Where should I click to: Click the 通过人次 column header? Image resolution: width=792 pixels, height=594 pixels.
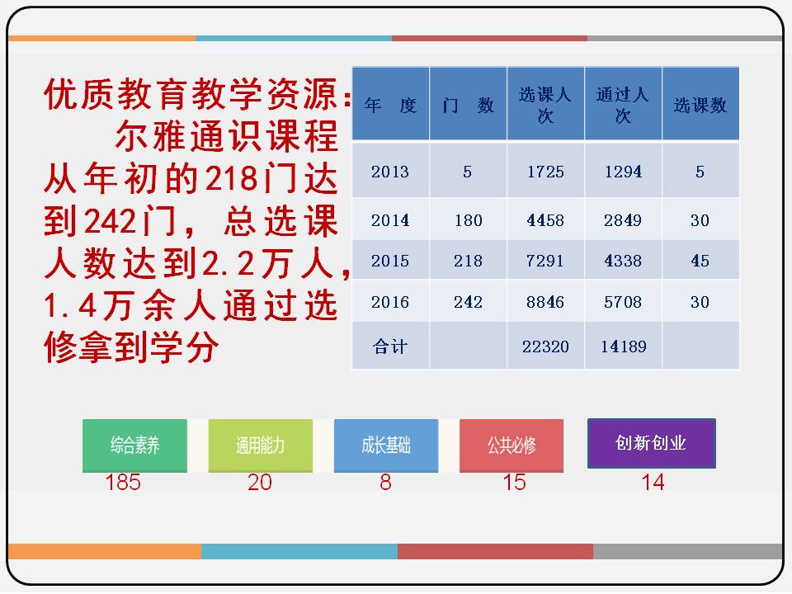click(623, 105)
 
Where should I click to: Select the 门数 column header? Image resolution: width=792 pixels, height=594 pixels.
click(468, 105)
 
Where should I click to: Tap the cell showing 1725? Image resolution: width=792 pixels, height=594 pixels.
click(545, 172)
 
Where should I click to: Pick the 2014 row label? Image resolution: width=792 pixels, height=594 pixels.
click(390, 220)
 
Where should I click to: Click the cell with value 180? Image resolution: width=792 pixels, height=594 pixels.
click(468, 220)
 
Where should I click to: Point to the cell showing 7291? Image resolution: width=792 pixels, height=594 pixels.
click(545, 261)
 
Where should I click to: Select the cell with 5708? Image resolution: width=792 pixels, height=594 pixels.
click(623, 302)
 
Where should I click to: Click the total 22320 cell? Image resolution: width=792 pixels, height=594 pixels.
click(545, 346)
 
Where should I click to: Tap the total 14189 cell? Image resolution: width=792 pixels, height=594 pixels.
click(623, 346)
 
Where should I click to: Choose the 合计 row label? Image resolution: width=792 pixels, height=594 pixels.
click(390, 346)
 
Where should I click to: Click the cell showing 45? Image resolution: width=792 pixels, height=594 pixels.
click(700, 261)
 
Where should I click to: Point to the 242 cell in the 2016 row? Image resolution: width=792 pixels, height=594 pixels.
click(468, 302)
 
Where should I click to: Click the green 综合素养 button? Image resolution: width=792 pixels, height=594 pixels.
click(134, 445)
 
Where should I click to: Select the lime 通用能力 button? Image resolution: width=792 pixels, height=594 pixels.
click(260, 445)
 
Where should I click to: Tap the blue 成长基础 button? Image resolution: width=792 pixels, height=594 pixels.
click(386, 445)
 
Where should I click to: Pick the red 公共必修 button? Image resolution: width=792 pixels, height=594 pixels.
click(511, 445)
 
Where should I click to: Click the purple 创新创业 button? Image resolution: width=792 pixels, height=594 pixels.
click(651, 443)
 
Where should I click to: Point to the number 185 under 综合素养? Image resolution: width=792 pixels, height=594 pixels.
click(123, 483)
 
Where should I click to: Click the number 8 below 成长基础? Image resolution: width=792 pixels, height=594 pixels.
click(385, 483)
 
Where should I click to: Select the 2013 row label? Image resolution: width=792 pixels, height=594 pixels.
click(390, 172)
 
